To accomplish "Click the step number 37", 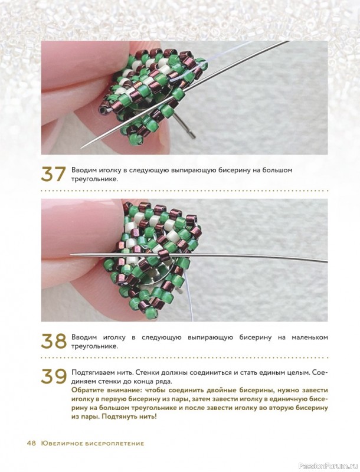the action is [x=53, y=175].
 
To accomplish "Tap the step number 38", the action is [x=54, y=342].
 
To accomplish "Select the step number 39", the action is [x=54, y=376].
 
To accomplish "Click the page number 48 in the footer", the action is [x=31, y=443].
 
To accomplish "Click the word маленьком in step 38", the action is [x=310, y=337].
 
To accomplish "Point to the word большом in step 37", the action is [x=277, y=171].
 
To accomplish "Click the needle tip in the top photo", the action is [x=81, y=148].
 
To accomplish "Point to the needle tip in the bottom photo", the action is [x=71, y=255].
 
